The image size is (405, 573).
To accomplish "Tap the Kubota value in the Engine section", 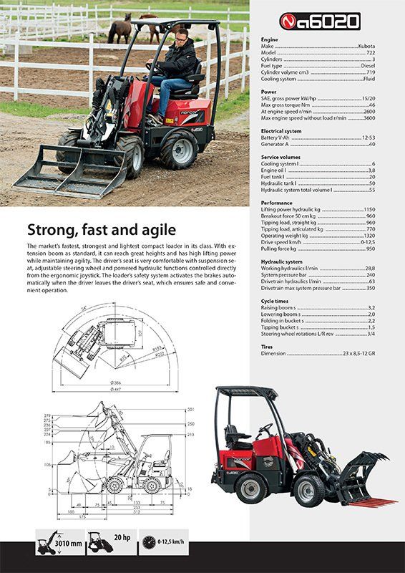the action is [x=366, y=46].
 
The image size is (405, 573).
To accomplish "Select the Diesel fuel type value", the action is [x=366, y=65].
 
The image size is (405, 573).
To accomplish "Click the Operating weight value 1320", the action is [x=369, y=235].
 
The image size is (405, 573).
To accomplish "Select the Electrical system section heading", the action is [x=282, y=130].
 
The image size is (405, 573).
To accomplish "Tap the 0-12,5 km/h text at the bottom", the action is [x=170, y=542].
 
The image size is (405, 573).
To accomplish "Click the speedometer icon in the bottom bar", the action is [x=147, y=542].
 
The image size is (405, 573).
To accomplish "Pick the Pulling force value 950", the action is [x=370, y=248].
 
